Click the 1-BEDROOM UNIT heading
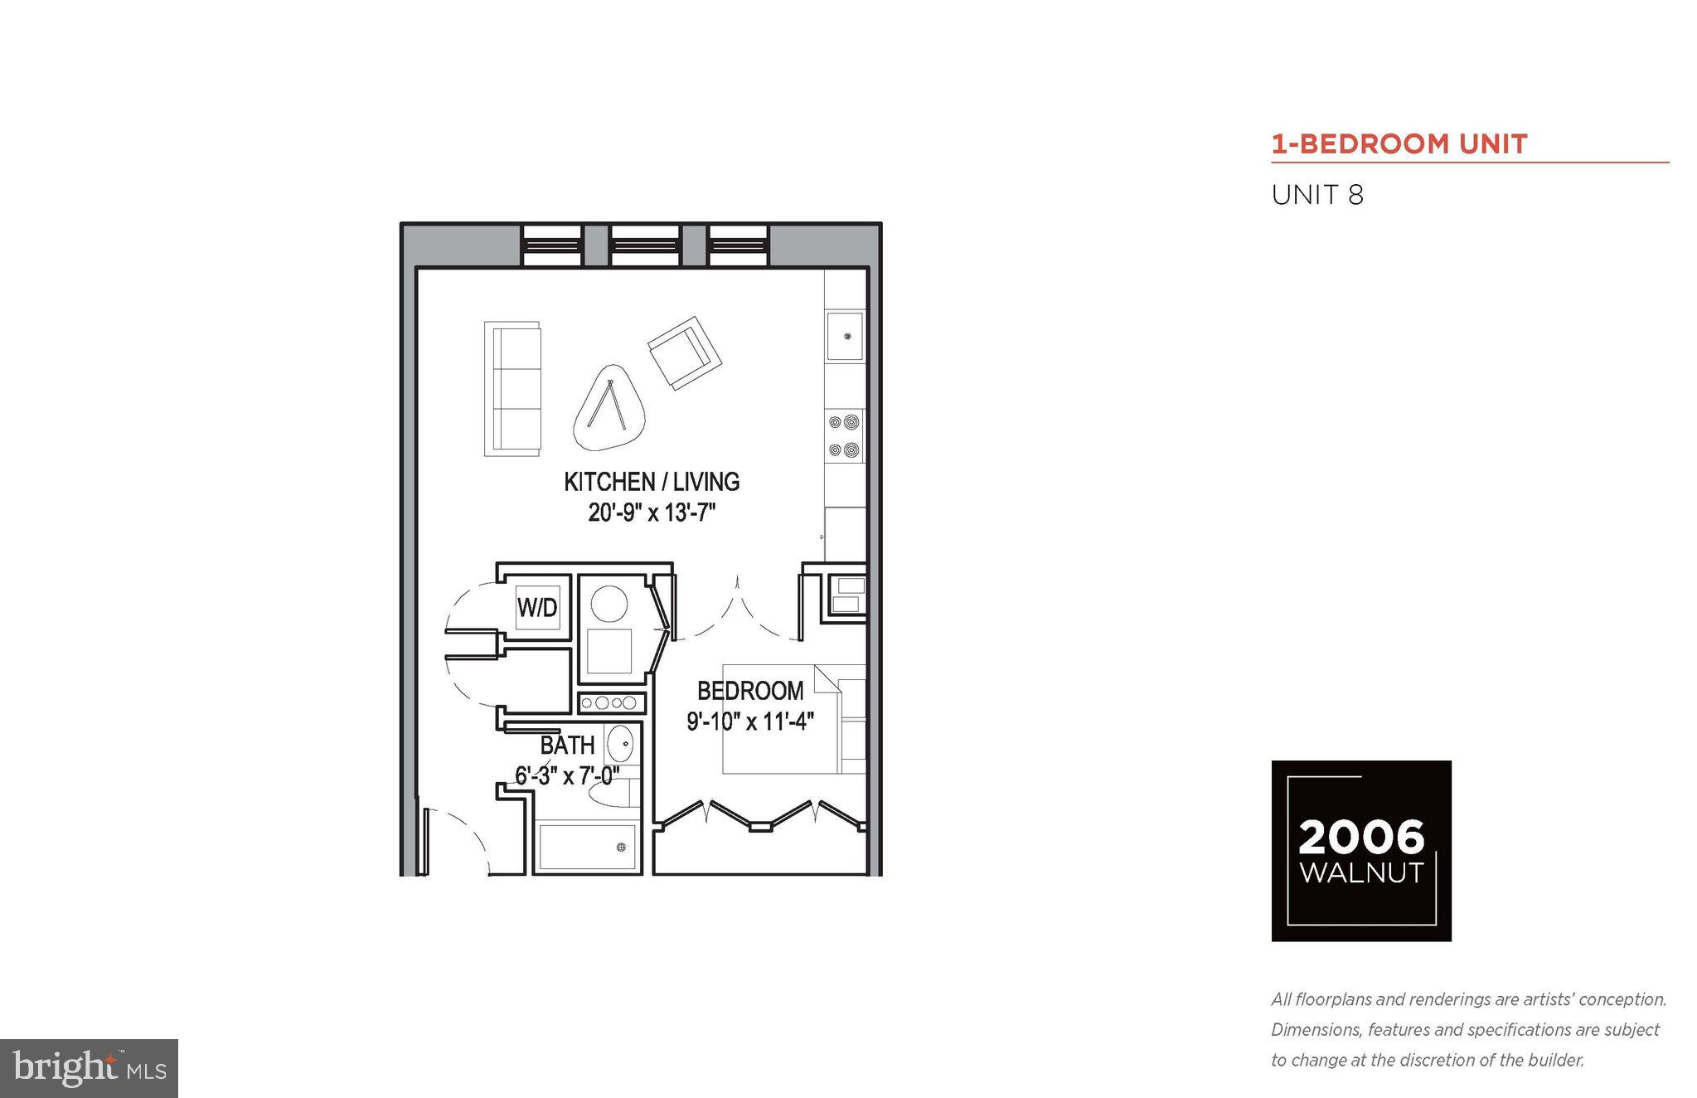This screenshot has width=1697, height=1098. click(x=1399, y=144)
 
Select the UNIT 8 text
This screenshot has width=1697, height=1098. click(x=1317, y=196)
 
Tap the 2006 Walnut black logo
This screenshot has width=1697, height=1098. click(x=1360, y=850)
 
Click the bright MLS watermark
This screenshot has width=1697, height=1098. click(x=89, y=1068)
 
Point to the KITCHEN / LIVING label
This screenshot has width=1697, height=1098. click(x=652, y=482)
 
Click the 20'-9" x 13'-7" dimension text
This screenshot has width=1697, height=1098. click(x=652, y=513)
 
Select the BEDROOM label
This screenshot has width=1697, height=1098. click(x=749, y=691)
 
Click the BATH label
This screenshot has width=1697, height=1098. click(x=567, y=745)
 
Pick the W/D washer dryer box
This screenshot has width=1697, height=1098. click(x=537, y=607)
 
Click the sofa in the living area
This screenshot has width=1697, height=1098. click(x=512, y=389)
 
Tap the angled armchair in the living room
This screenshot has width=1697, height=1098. click(x=684, y=352)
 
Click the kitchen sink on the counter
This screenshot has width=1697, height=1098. click(x=845, y=337)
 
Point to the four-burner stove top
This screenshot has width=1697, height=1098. click(x=845, y=436)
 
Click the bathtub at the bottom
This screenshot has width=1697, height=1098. click(x=586, y=847)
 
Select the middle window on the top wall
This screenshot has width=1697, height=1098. click(x=646, y=244)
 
